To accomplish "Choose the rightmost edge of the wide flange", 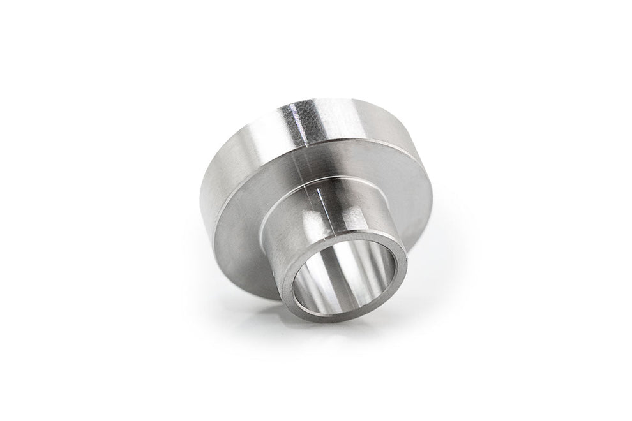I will click(x=433, y=191).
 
